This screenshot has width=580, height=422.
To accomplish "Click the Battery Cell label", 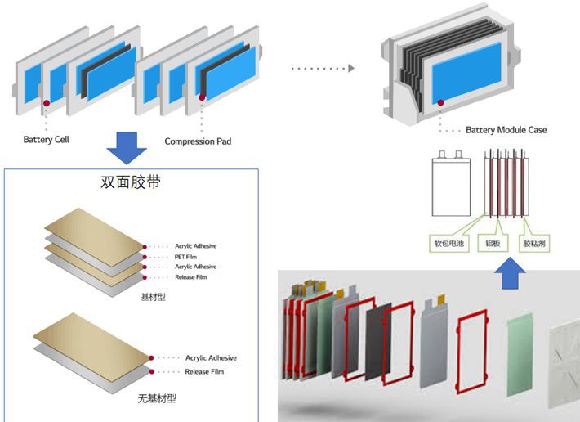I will coord(46,140).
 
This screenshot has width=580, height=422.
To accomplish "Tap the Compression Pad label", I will coord(198,141).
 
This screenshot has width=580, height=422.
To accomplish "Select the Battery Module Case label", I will coord(506,130).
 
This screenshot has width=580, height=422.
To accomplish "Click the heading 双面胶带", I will coord(128,182).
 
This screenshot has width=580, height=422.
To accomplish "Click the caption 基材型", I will coord(153,297).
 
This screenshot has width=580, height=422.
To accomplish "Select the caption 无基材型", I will coord(158,398).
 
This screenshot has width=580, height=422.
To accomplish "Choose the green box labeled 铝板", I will coord(493,243).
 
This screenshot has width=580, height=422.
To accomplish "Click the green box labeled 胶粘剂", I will coord(537,243).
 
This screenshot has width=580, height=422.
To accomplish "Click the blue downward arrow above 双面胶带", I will coord(127,146).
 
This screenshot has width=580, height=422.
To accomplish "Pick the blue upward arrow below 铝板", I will coord(511,276).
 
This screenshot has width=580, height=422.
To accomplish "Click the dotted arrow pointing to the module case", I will coord(323,69).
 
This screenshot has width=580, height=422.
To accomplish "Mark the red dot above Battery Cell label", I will coord(47,103).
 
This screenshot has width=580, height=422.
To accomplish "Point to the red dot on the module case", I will coord(441,102).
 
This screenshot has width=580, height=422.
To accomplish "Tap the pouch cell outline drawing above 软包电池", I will coord(451,185).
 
